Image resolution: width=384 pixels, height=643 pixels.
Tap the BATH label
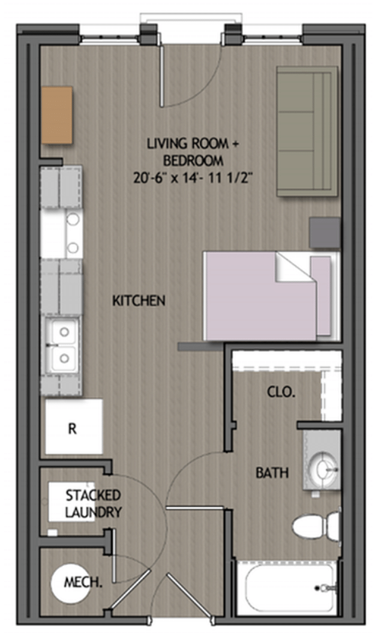click(272, 473)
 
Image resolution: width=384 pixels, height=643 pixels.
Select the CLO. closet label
click(281, 393)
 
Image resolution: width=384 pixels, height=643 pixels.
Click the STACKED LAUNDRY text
click(93, 504)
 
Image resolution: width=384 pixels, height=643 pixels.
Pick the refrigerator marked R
click(73, 428)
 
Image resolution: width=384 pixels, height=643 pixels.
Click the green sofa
click(307, 131)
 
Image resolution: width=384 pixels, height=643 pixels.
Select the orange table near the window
click(57, 115)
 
